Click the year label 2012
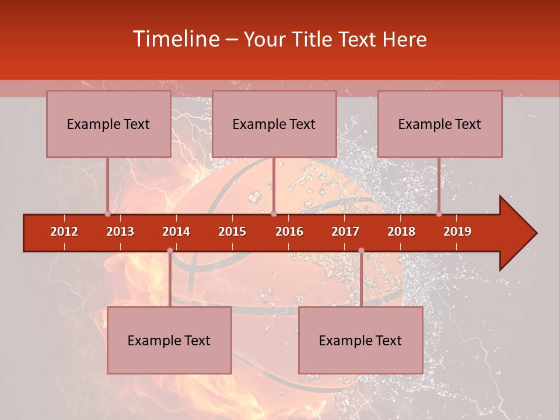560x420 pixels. click(64, 232)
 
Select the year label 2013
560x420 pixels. click(120, 232)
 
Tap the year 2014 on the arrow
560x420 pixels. click(176, 232)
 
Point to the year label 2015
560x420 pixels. click(232, 232)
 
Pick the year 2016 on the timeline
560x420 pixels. click(289, 232)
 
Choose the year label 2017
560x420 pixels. click(345, 232)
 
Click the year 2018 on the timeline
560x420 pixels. click(401, 232)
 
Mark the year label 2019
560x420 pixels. click(457, 232)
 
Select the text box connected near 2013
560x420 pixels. click(108, 124)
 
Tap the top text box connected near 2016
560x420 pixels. click(274, 124)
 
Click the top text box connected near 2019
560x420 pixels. click(440, 124)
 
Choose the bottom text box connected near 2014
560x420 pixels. click(169, 341)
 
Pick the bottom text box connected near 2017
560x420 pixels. click(360, 341)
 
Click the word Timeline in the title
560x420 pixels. click(175, 39)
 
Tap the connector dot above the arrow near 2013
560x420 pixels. click(107, 214)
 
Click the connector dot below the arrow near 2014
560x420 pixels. click(170, 251)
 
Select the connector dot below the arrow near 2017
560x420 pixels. click(361, 251)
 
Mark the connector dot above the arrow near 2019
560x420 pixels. click(439, 214)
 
